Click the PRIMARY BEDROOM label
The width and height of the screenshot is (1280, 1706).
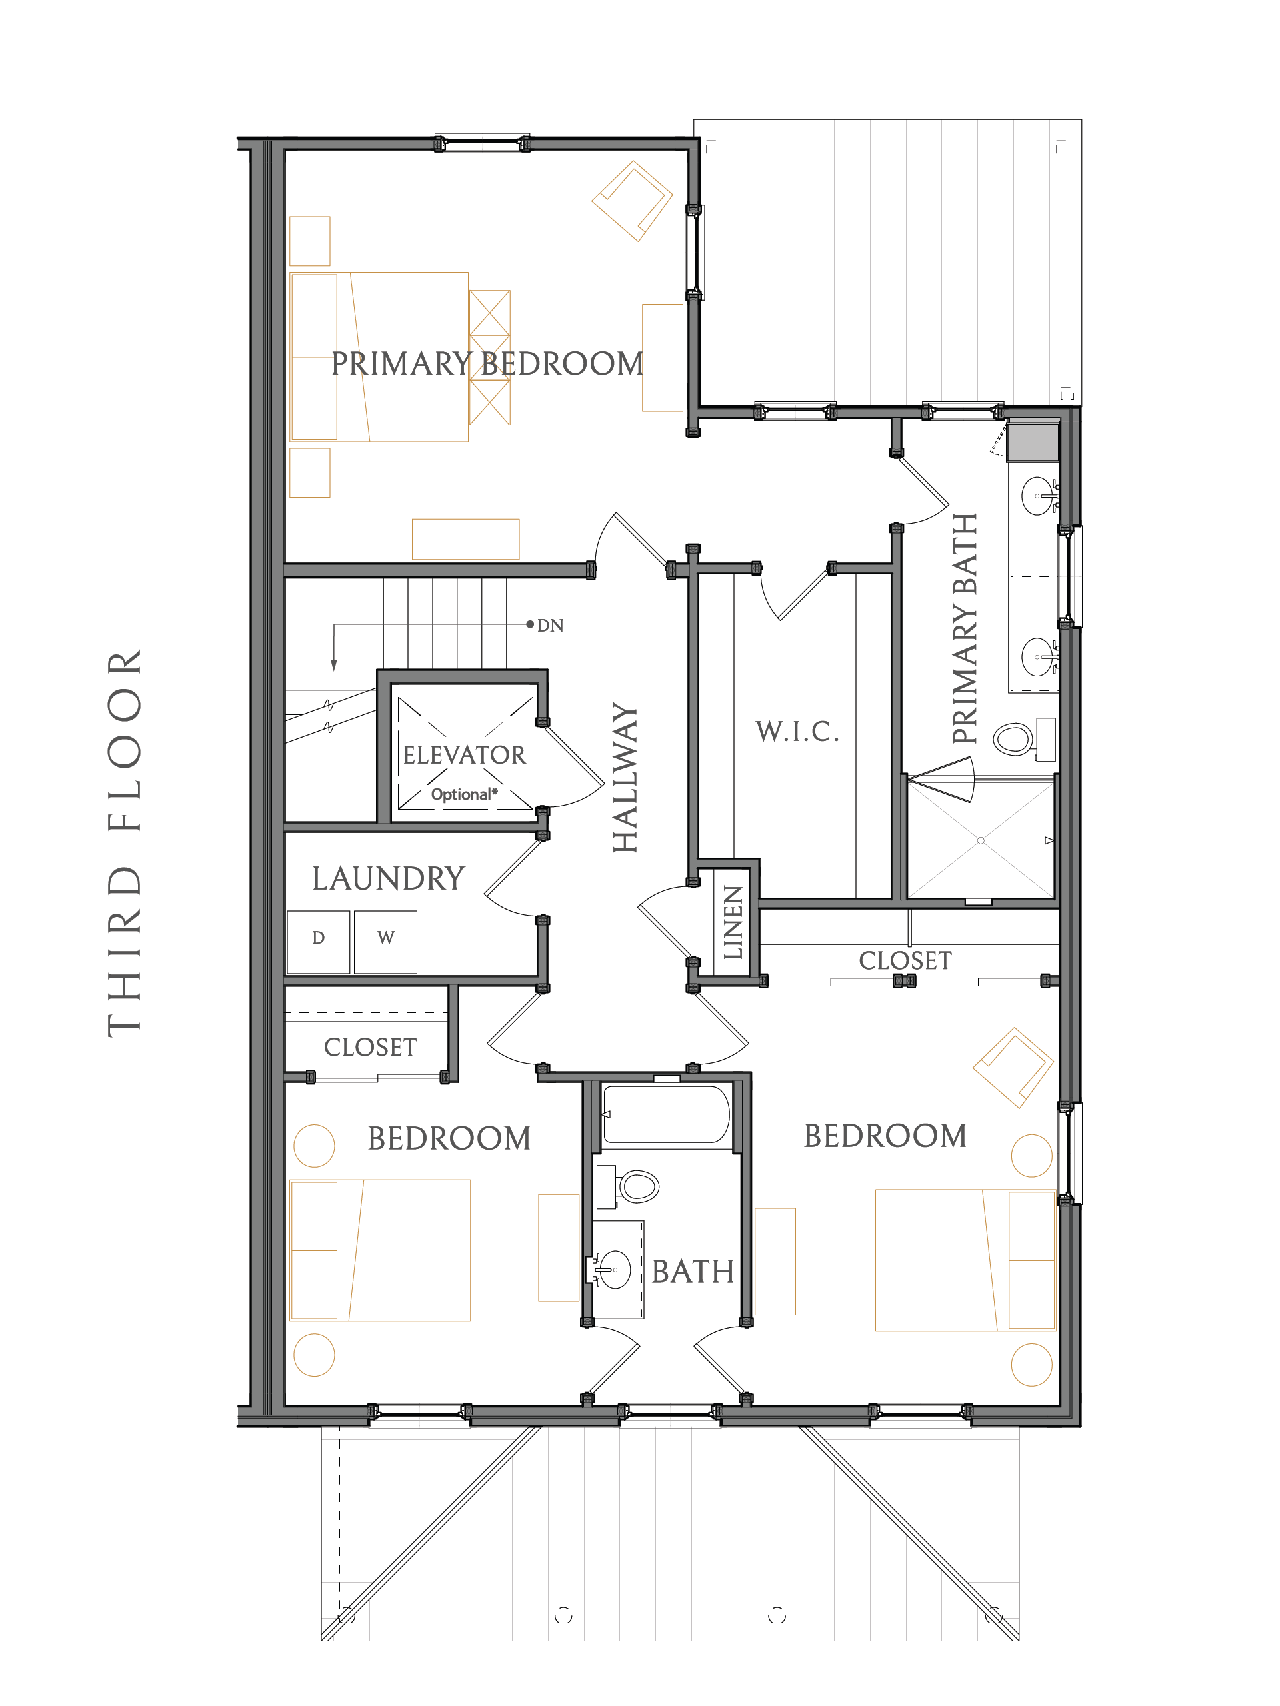click(487, 363)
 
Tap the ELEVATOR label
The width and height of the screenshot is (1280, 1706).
click(464, 754)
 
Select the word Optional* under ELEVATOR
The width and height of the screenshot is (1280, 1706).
click(464, 794)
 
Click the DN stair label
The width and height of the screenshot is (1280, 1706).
click(550, 626)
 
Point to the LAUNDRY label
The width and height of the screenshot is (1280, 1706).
click(388, 878)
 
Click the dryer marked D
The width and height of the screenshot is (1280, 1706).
click(319, 942)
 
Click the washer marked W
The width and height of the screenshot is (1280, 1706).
click(386, 942)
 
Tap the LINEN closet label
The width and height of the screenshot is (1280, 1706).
click(733, 922)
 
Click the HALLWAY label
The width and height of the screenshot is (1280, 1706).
click(625, 778)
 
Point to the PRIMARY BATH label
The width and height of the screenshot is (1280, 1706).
click(965, 628)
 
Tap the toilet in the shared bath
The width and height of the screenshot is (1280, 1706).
click(627, 1186)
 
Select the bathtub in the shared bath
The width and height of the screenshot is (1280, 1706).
click(666, 1114)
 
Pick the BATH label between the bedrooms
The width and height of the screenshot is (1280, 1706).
click(693, 1272)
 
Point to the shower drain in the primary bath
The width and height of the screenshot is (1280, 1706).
click(981, 840)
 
